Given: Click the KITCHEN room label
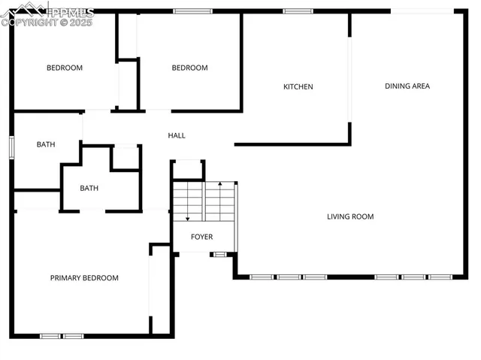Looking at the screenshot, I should (x=298, y=86).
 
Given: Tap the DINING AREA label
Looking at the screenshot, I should (x=407, y=86).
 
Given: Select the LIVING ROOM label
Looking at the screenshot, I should (x=350, y=216).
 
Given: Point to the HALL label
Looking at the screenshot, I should (x=177, y=135).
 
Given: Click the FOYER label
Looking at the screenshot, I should (x=201, y=237).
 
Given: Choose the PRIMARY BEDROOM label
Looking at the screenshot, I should (x=84, y=278).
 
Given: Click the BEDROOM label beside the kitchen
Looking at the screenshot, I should (x=189, y=68).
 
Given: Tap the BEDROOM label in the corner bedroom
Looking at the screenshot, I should (x=65, y=68).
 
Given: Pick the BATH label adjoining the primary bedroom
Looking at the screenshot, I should (x=89, y=189).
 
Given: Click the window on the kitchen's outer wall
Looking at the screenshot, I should (x=298, y=11).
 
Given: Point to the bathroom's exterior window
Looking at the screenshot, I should (x=11, y=147).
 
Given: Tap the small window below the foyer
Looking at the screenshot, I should (x=219, y=255).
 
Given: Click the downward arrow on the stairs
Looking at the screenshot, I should (x=187, y=216).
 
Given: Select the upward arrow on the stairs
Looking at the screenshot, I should (x=219, y=185).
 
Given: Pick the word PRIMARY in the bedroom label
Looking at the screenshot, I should (x=66, y=278).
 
